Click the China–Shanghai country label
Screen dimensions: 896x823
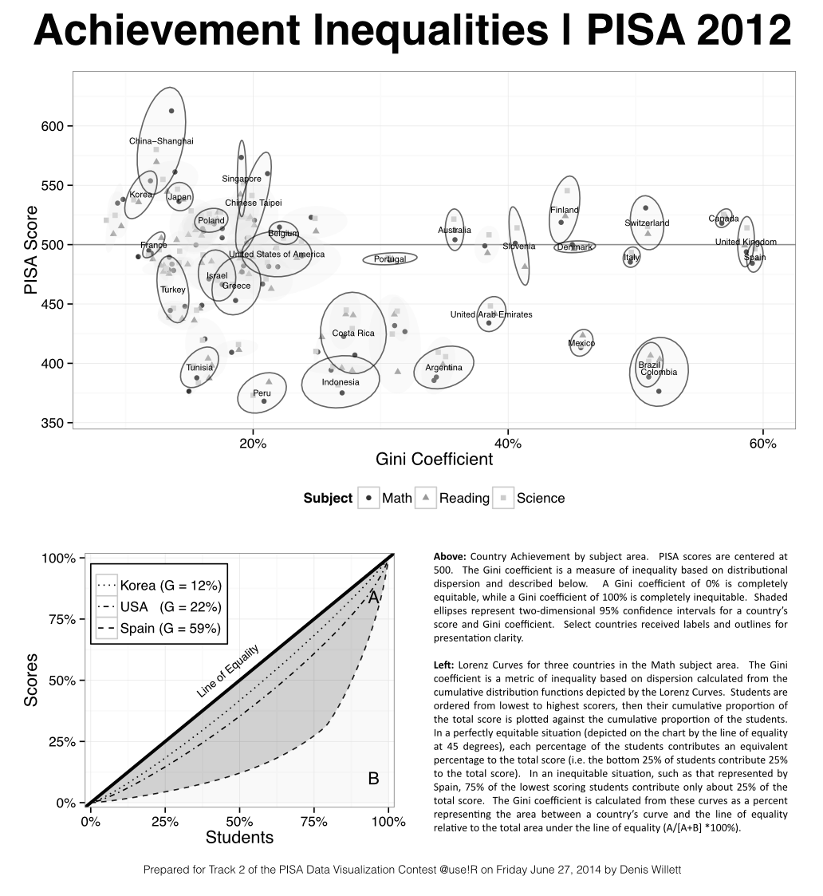point(161,141)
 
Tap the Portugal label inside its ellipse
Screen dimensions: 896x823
point(390,259)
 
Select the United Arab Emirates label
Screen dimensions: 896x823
point(491,314)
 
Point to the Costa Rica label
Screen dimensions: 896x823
point(353,334)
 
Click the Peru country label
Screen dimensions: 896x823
point(262,393)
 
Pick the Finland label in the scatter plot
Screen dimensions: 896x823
point(565,211)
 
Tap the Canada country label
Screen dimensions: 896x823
point(723,219)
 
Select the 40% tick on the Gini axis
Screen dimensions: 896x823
point(508,443)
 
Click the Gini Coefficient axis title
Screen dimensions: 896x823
point(434,460)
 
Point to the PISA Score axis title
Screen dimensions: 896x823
point(31,250)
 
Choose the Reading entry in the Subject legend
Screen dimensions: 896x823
point(464,499)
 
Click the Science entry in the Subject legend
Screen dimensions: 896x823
point(540,499)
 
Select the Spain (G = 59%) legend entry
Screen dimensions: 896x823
point(170,629)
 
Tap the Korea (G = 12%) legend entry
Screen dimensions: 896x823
point(170,586)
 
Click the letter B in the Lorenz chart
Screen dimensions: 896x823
point(373,779)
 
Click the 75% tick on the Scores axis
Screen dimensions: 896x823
point(61,619)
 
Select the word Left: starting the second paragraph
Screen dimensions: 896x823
point(445,665)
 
